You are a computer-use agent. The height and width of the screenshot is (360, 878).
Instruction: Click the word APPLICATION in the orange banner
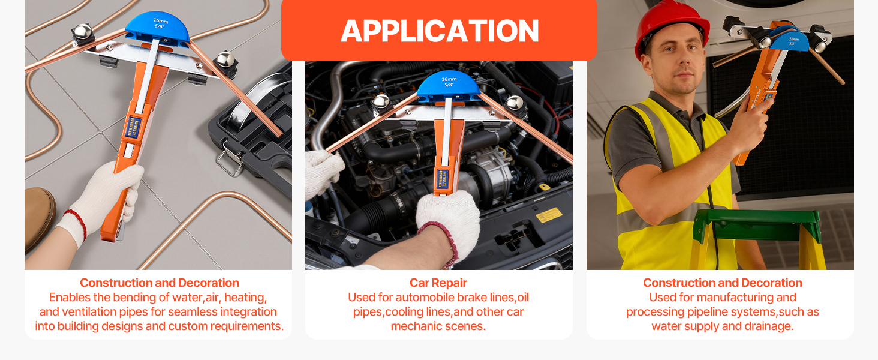(x=440, y=31)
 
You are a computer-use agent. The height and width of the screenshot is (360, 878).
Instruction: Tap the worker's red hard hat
(x=671, y=26)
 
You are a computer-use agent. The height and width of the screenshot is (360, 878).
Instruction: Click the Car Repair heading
(x=438, y=283)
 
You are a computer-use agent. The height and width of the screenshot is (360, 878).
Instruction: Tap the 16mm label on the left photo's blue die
(x=160, y=20)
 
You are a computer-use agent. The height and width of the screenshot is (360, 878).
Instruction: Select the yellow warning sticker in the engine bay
(x=549, y=215)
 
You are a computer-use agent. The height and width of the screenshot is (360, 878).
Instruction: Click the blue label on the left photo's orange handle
(x=133, y=127)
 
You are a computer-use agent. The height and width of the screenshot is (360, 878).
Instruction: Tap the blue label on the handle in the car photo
(x=443, y=179)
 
